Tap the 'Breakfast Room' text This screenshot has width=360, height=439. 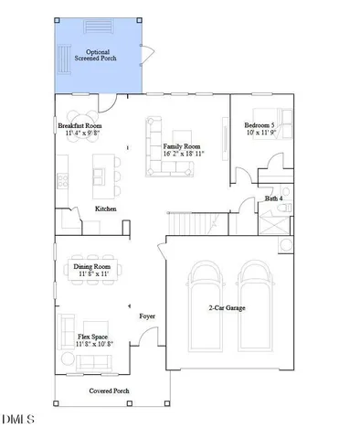click(x=79, y=126)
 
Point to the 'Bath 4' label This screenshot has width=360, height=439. click(x=274, y=198)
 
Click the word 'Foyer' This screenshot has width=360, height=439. click(x=146, y=316)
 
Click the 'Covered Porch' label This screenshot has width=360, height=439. click(x=108, y=391)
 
